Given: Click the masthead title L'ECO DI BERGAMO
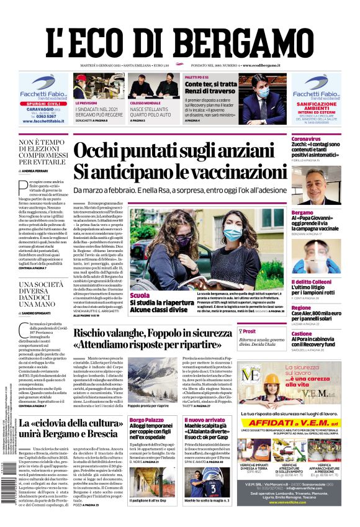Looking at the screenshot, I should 179,32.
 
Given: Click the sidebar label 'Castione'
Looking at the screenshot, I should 302,334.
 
